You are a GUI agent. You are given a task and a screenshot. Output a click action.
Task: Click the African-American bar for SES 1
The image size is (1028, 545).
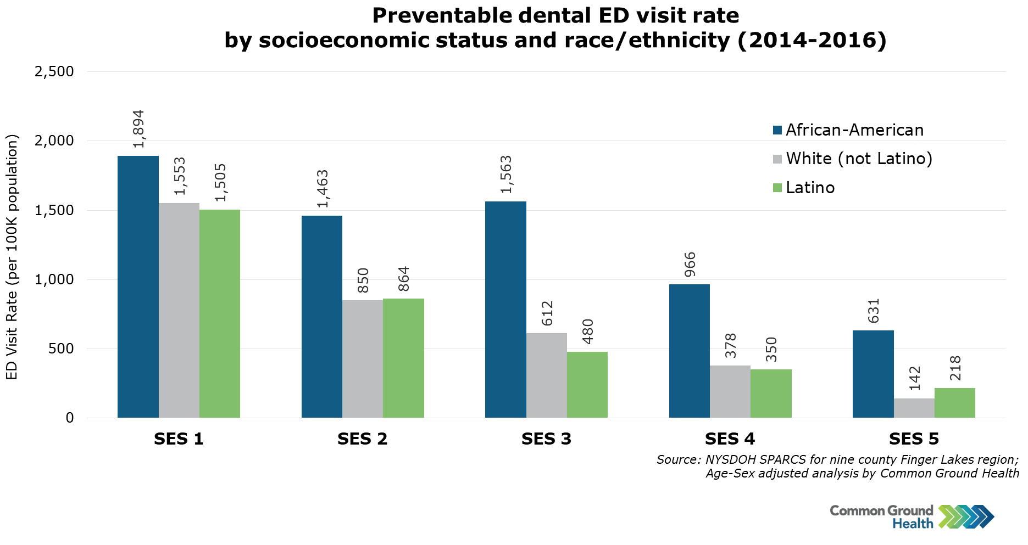138,286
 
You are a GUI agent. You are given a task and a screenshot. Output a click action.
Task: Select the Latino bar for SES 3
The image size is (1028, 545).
587,384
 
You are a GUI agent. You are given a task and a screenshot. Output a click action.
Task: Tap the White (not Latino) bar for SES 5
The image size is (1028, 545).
914,408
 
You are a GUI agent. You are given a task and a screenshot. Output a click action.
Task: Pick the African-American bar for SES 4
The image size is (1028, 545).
689,351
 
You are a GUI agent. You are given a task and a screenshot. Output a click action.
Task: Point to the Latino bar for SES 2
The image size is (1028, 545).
403,358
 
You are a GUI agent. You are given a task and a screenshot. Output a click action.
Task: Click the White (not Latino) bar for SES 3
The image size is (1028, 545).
546,375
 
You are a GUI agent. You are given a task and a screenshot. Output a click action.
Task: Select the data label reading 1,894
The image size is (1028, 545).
138,129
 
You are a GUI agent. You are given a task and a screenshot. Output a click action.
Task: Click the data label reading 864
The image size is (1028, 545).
404,279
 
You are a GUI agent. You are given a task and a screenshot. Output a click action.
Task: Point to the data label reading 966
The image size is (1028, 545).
690,265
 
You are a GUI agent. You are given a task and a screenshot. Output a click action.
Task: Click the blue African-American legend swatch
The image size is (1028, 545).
777,130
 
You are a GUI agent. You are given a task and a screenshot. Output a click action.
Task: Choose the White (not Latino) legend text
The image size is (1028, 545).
859,159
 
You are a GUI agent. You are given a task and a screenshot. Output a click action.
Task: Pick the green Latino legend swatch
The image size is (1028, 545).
777,188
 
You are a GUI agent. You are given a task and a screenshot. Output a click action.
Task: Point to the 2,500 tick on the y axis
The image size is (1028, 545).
54,71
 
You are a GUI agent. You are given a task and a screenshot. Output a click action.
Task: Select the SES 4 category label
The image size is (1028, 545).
730,439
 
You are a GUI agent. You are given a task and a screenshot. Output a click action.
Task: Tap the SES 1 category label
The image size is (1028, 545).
179,439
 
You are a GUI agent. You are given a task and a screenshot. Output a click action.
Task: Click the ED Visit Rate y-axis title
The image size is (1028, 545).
12,257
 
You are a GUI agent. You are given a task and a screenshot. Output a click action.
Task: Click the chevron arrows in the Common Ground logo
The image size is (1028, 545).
966,516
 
